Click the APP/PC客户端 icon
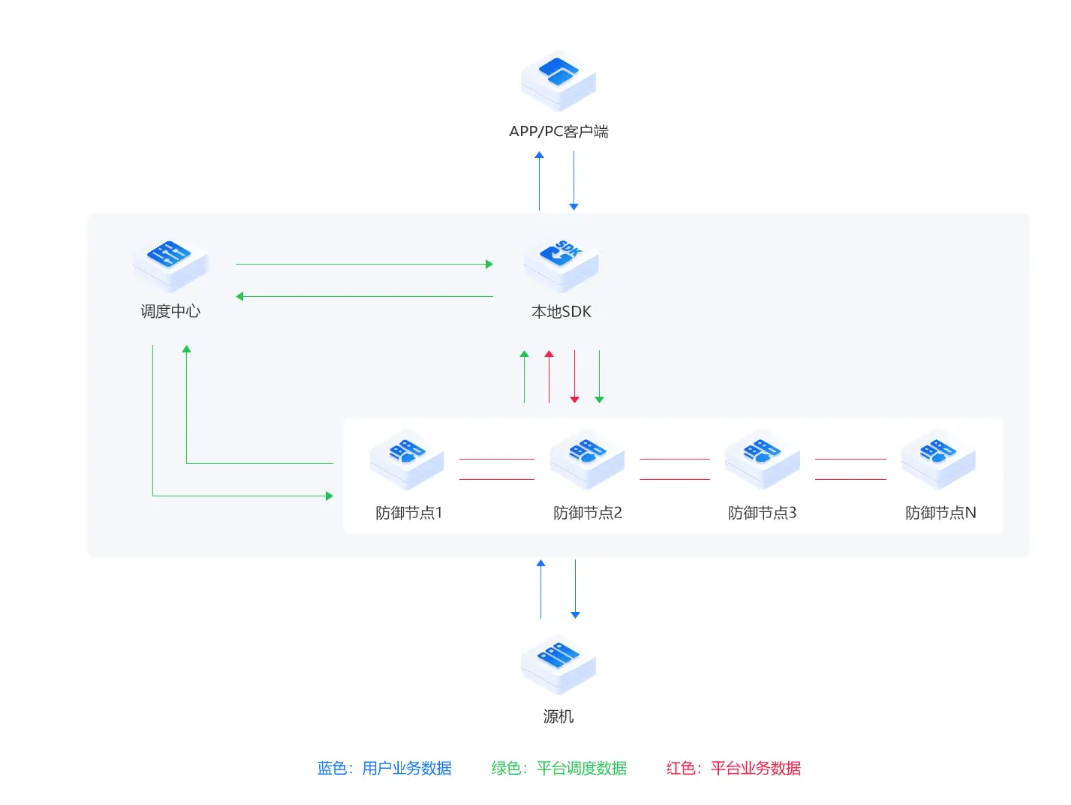click(558, 81)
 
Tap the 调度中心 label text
click(170, 312)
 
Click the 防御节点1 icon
click(407, 459)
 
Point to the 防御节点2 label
click(588, 513)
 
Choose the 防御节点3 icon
click(762, 459)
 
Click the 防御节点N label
click(940, 513)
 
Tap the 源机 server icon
click(558, 664)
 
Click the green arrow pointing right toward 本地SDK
click(364, 264)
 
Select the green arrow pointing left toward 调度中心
click(364, 296)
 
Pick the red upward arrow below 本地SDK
click(549, 377)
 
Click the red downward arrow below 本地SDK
click(575, 377)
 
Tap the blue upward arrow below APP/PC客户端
click(540, 181)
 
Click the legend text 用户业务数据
click(406, 769)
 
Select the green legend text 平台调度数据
click(581, 769)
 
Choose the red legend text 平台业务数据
click(756, 769)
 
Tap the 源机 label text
click(558, 717)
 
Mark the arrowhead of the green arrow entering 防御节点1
click(329, 496)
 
